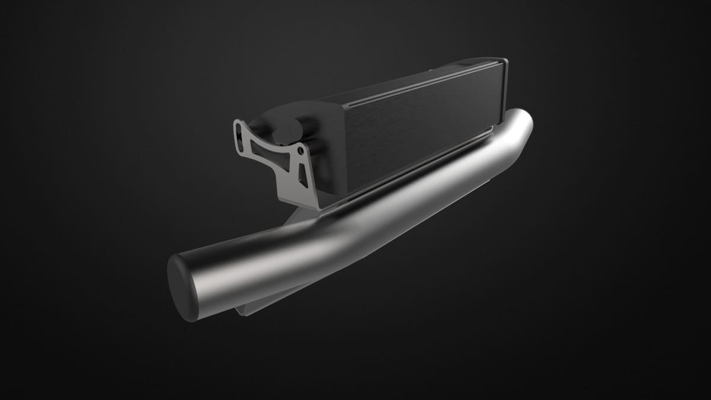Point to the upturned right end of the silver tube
coord(521,121)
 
